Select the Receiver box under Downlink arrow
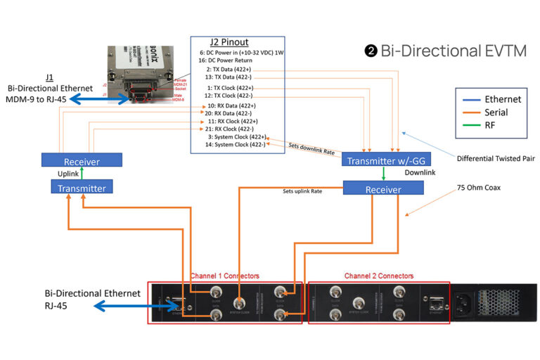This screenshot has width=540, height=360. pyautogui.click(x=383, y=189)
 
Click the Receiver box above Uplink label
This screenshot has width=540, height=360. pyautogui.click(x=81, y=161)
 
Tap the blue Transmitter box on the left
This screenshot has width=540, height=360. pyautogui.click(x=81, y=188)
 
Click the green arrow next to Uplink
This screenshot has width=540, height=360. pyautogui.click(x=82, y=174)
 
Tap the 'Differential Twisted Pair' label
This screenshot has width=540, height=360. pyautogui.click(x=495, y=158)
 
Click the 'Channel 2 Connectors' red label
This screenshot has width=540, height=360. pyautogui.click(x=378, y=276)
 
